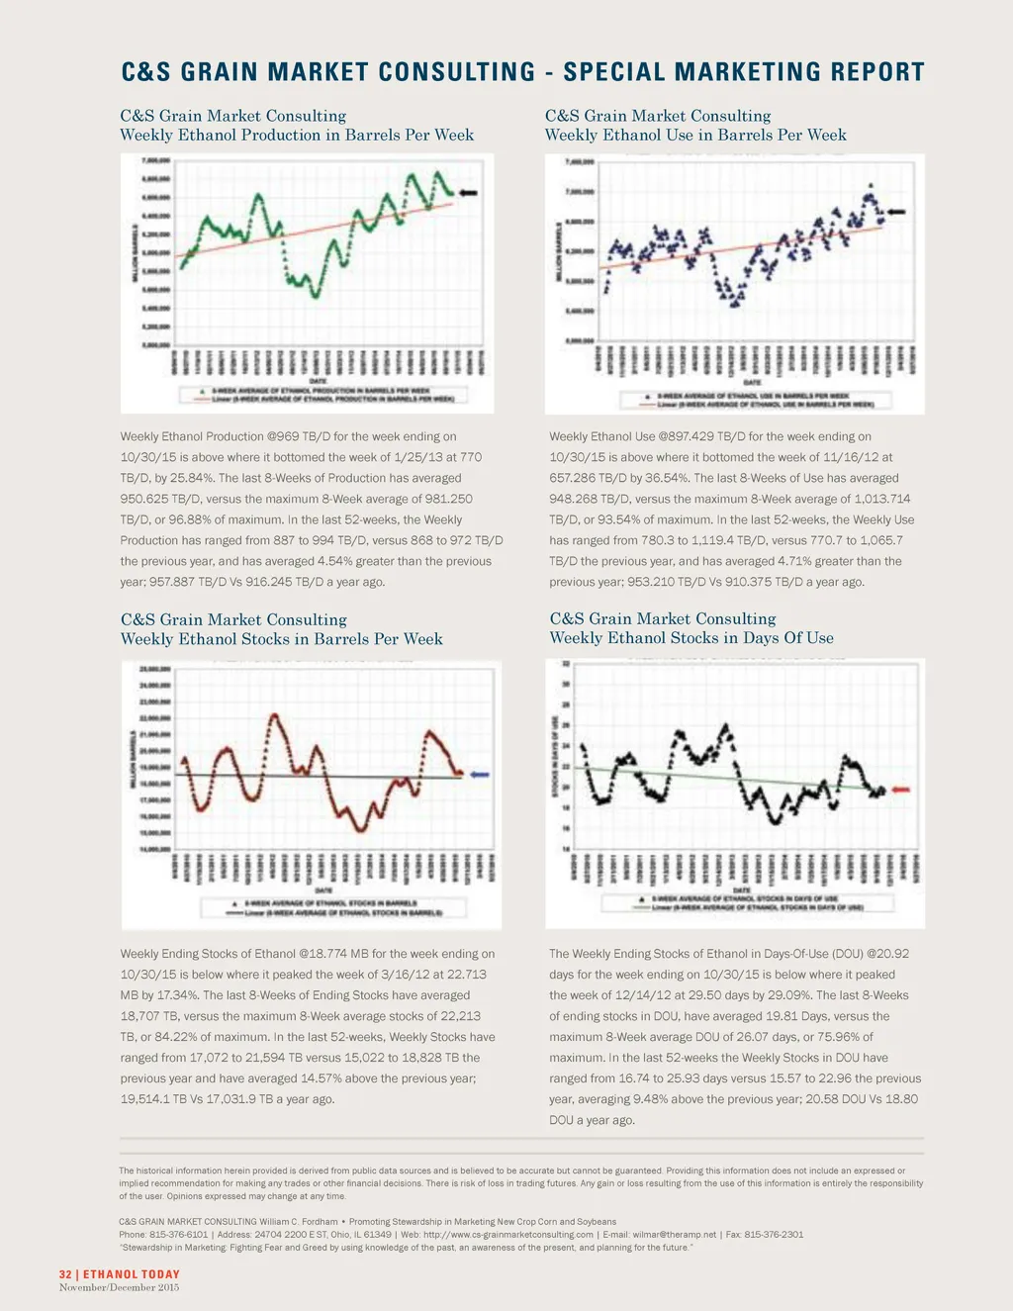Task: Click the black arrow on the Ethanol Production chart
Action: (x=468, y=193)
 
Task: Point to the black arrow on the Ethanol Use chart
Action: (x=896, y=212)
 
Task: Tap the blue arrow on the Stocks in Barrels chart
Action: (x=480, y=775)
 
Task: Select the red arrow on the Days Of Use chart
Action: (x=901, y=790)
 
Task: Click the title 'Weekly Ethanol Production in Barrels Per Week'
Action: (x=297, y=136)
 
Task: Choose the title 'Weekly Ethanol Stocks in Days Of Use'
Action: (x=691, y=638)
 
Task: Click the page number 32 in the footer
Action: (x=65, y=1274)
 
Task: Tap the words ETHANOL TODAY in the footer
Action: (x=132, y=1274)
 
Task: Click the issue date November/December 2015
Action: (x=119, y=1287)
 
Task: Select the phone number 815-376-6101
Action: (x=177, y=1235)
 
